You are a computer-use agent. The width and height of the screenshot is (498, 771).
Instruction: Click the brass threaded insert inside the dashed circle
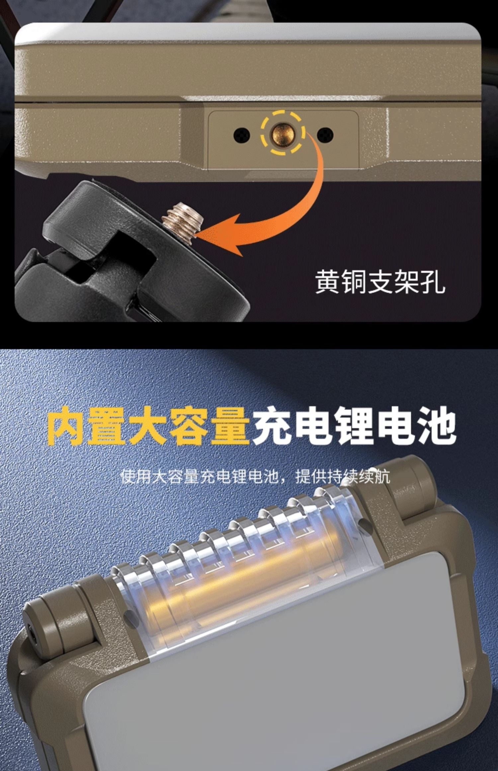pyautogui.click(x=283, y=133)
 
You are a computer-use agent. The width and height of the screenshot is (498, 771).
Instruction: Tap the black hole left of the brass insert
pyautogui.click(x=242, y=135)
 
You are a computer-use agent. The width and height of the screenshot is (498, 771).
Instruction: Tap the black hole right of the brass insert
pyautogui.click(x=325, y=134)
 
